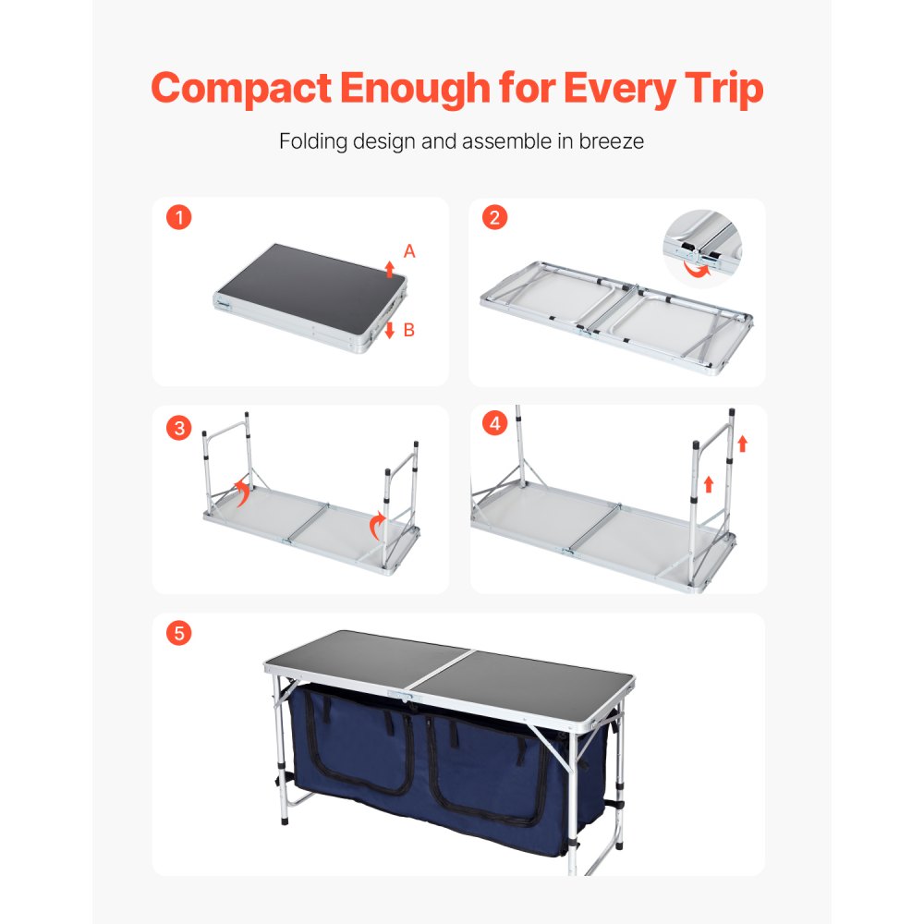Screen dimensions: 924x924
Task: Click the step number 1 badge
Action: point(179,218)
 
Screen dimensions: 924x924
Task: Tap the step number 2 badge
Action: point(496,218)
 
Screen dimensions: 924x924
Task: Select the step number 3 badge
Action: point(179,428)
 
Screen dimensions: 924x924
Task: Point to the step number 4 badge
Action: point(496,424)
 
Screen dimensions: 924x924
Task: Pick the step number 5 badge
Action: point(179,634)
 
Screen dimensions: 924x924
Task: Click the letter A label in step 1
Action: point(409,251)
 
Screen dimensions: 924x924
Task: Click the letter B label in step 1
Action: point(409,331)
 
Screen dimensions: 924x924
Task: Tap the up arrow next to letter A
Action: point(389,269)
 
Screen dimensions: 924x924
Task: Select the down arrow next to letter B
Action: point(389,330)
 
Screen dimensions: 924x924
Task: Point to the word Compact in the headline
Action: point(241,89)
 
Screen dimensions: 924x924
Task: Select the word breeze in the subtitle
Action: point(611,142)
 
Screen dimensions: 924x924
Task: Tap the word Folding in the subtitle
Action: point(310,142)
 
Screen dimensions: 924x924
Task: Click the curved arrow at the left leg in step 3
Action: point(243,492)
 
